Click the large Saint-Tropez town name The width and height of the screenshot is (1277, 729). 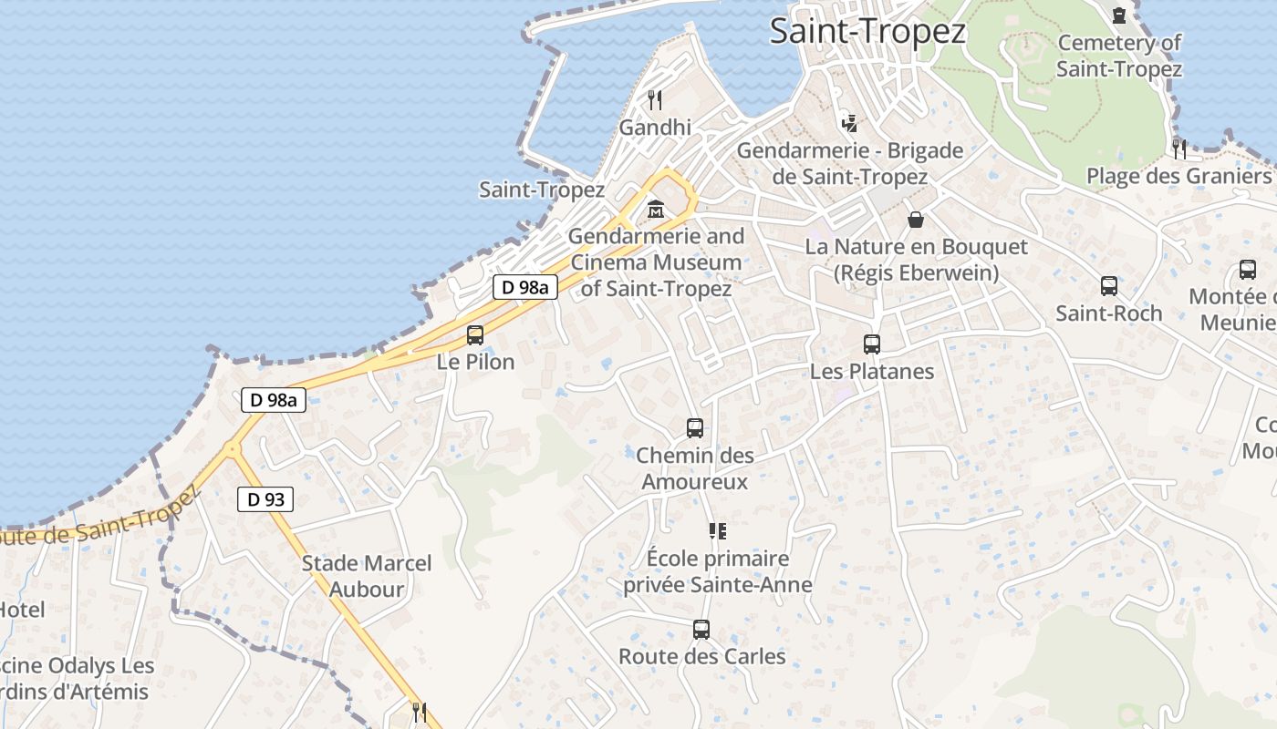tap(867, 31)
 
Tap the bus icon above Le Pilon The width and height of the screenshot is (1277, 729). tap(475, 334)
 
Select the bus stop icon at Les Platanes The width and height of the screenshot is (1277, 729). tap(872, 344)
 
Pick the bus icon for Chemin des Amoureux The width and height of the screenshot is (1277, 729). tap(695, 427)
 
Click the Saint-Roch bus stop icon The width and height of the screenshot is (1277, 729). tap(1109, 286)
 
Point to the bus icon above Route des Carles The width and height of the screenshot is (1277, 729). tap(701, 629)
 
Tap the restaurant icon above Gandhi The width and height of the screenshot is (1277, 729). tap(655, 99)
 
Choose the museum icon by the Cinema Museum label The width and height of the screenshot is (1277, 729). tap(655, 210)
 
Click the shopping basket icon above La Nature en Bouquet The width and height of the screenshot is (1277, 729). tap(916, 220)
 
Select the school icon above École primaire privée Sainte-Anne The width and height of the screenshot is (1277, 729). tap(718, 530)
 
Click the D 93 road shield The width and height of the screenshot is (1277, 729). tap(266, 498)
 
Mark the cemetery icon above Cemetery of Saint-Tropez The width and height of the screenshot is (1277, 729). tap(1119, 15)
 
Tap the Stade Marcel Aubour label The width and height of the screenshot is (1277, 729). tap(367, 576)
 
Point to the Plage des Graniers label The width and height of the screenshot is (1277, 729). tap(1178, 176)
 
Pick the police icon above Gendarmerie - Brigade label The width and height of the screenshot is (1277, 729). tap(849, 123)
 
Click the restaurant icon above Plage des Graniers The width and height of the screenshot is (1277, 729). tap(1179, 148)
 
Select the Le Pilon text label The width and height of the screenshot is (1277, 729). tap(475, 362)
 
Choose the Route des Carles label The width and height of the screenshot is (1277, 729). tap(701, 656)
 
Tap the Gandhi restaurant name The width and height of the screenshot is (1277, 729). tap(655, 128)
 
